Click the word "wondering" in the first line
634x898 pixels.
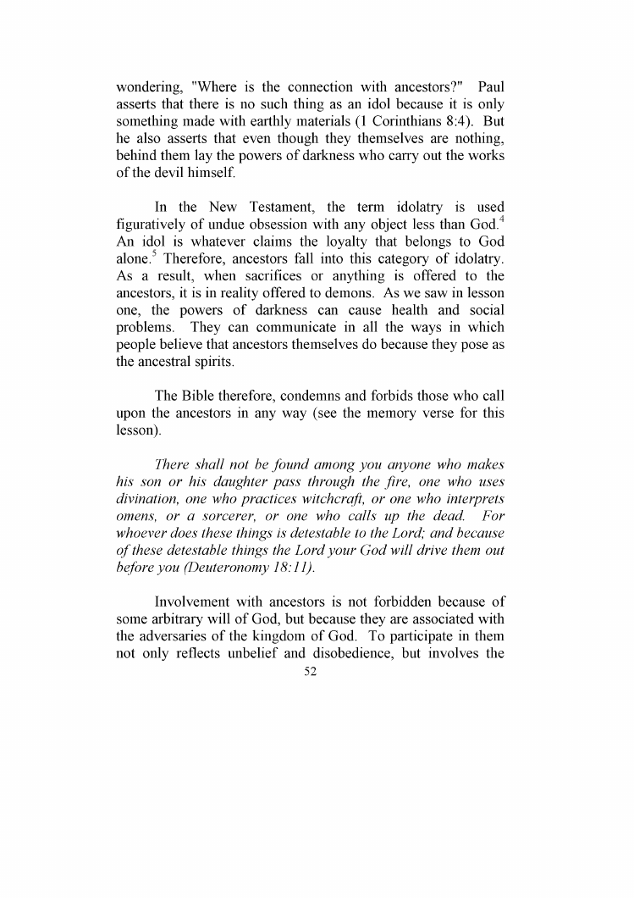point(149,86)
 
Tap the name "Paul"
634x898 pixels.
point(491,86)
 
